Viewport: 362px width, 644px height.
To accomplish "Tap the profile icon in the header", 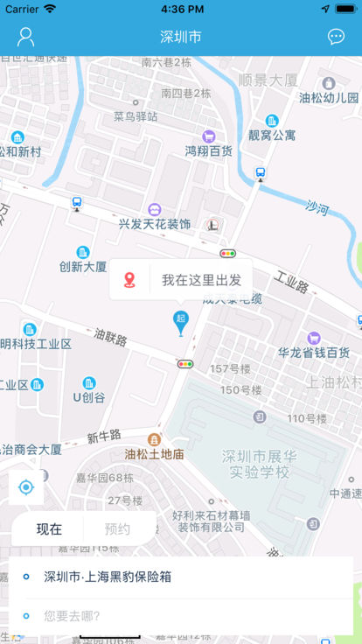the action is (x=26, y=37).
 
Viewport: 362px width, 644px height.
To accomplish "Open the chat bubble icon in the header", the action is (x=336, y=37).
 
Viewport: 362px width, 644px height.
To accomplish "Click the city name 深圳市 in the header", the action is (x=181, y=37).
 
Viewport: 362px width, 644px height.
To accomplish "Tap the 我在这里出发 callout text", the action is (x=201, y=280).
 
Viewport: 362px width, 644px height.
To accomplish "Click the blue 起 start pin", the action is (x=181, y=321).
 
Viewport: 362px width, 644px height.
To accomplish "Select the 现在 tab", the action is (x=49, y=528).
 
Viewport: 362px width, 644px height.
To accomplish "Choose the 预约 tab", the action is (x=117, y=528).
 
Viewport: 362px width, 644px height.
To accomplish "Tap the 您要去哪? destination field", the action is (x=72, y=615).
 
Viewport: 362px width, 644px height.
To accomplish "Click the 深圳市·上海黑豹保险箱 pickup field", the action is (x=108, y=577).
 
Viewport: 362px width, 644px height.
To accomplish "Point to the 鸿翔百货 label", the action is (x=208, y=150).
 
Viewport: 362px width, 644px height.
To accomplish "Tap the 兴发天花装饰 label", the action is (x=155, y=224).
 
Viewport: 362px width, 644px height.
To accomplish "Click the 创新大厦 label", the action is (x=83, y=266).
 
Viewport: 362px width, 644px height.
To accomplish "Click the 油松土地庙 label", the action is (x=154, y=454).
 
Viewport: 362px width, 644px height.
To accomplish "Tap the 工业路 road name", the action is (x=291, y=285).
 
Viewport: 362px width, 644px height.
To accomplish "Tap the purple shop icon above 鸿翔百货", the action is (x=209, y=136).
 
